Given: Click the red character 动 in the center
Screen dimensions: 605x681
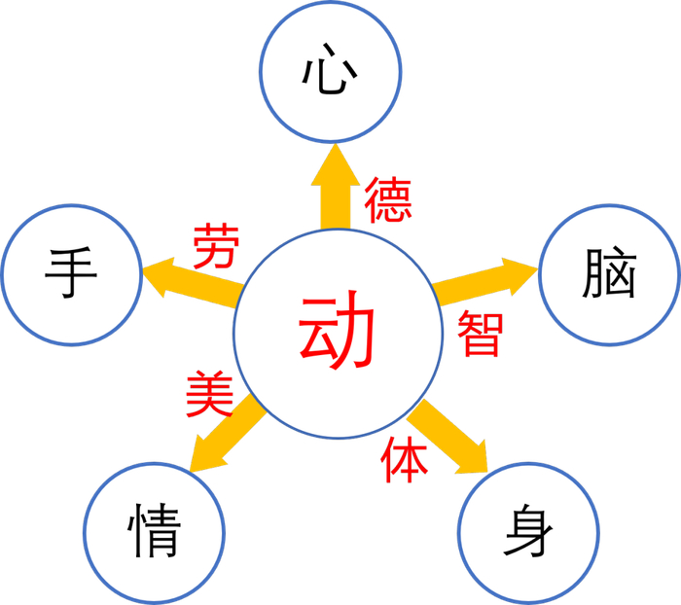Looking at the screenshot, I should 336,332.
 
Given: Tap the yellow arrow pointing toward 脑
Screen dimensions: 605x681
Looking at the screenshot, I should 482,279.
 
